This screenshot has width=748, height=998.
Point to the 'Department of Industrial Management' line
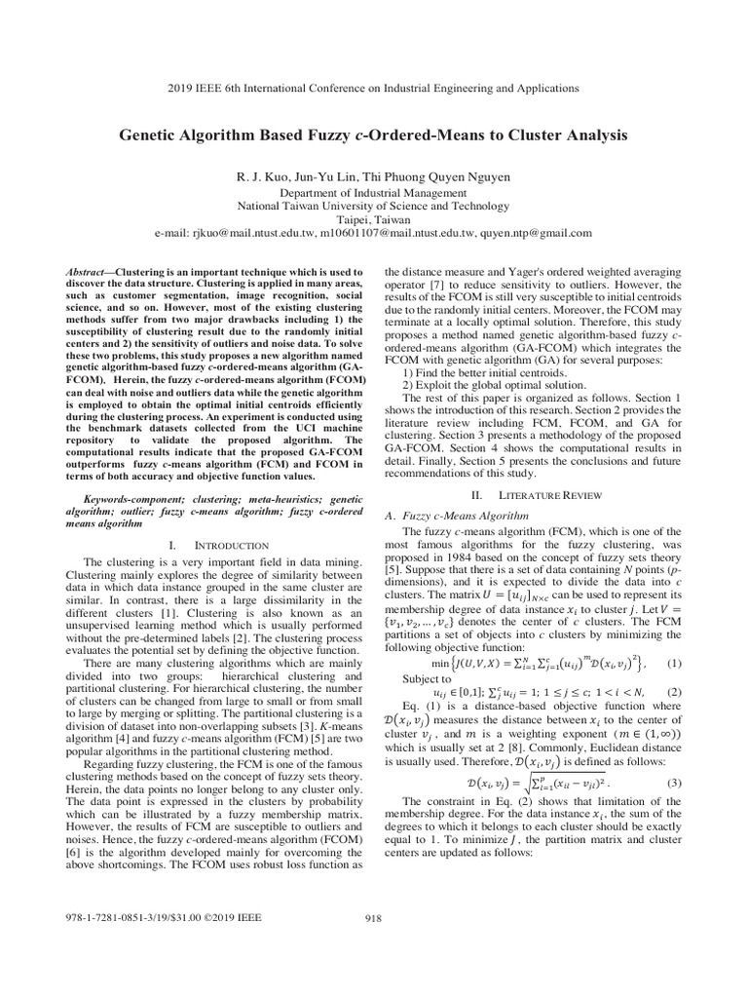[x=373, y=193]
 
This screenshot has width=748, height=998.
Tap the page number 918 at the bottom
[x=373, y=917]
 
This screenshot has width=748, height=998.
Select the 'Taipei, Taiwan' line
[x=373, y=220]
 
